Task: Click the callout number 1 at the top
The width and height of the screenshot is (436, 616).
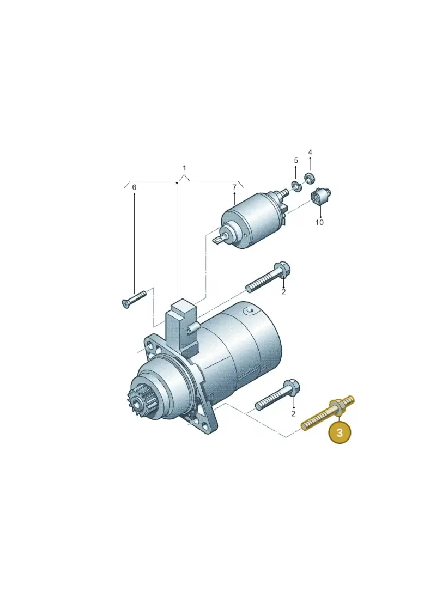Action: coord(184,168)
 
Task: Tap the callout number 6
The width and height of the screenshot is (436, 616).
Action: coord(134,187)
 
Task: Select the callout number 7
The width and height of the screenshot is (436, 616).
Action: coord(234,187)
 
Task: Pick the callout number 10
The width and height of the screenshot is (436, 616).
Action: coord(319,222)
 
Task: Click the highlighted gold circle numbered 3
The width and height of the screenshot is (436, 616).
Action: coord(340,432)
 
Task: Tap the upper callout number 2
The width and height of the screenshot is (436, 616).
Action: coord(283,291)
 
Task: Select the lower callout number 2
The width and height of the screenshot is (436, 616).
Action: coord(293,414)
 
